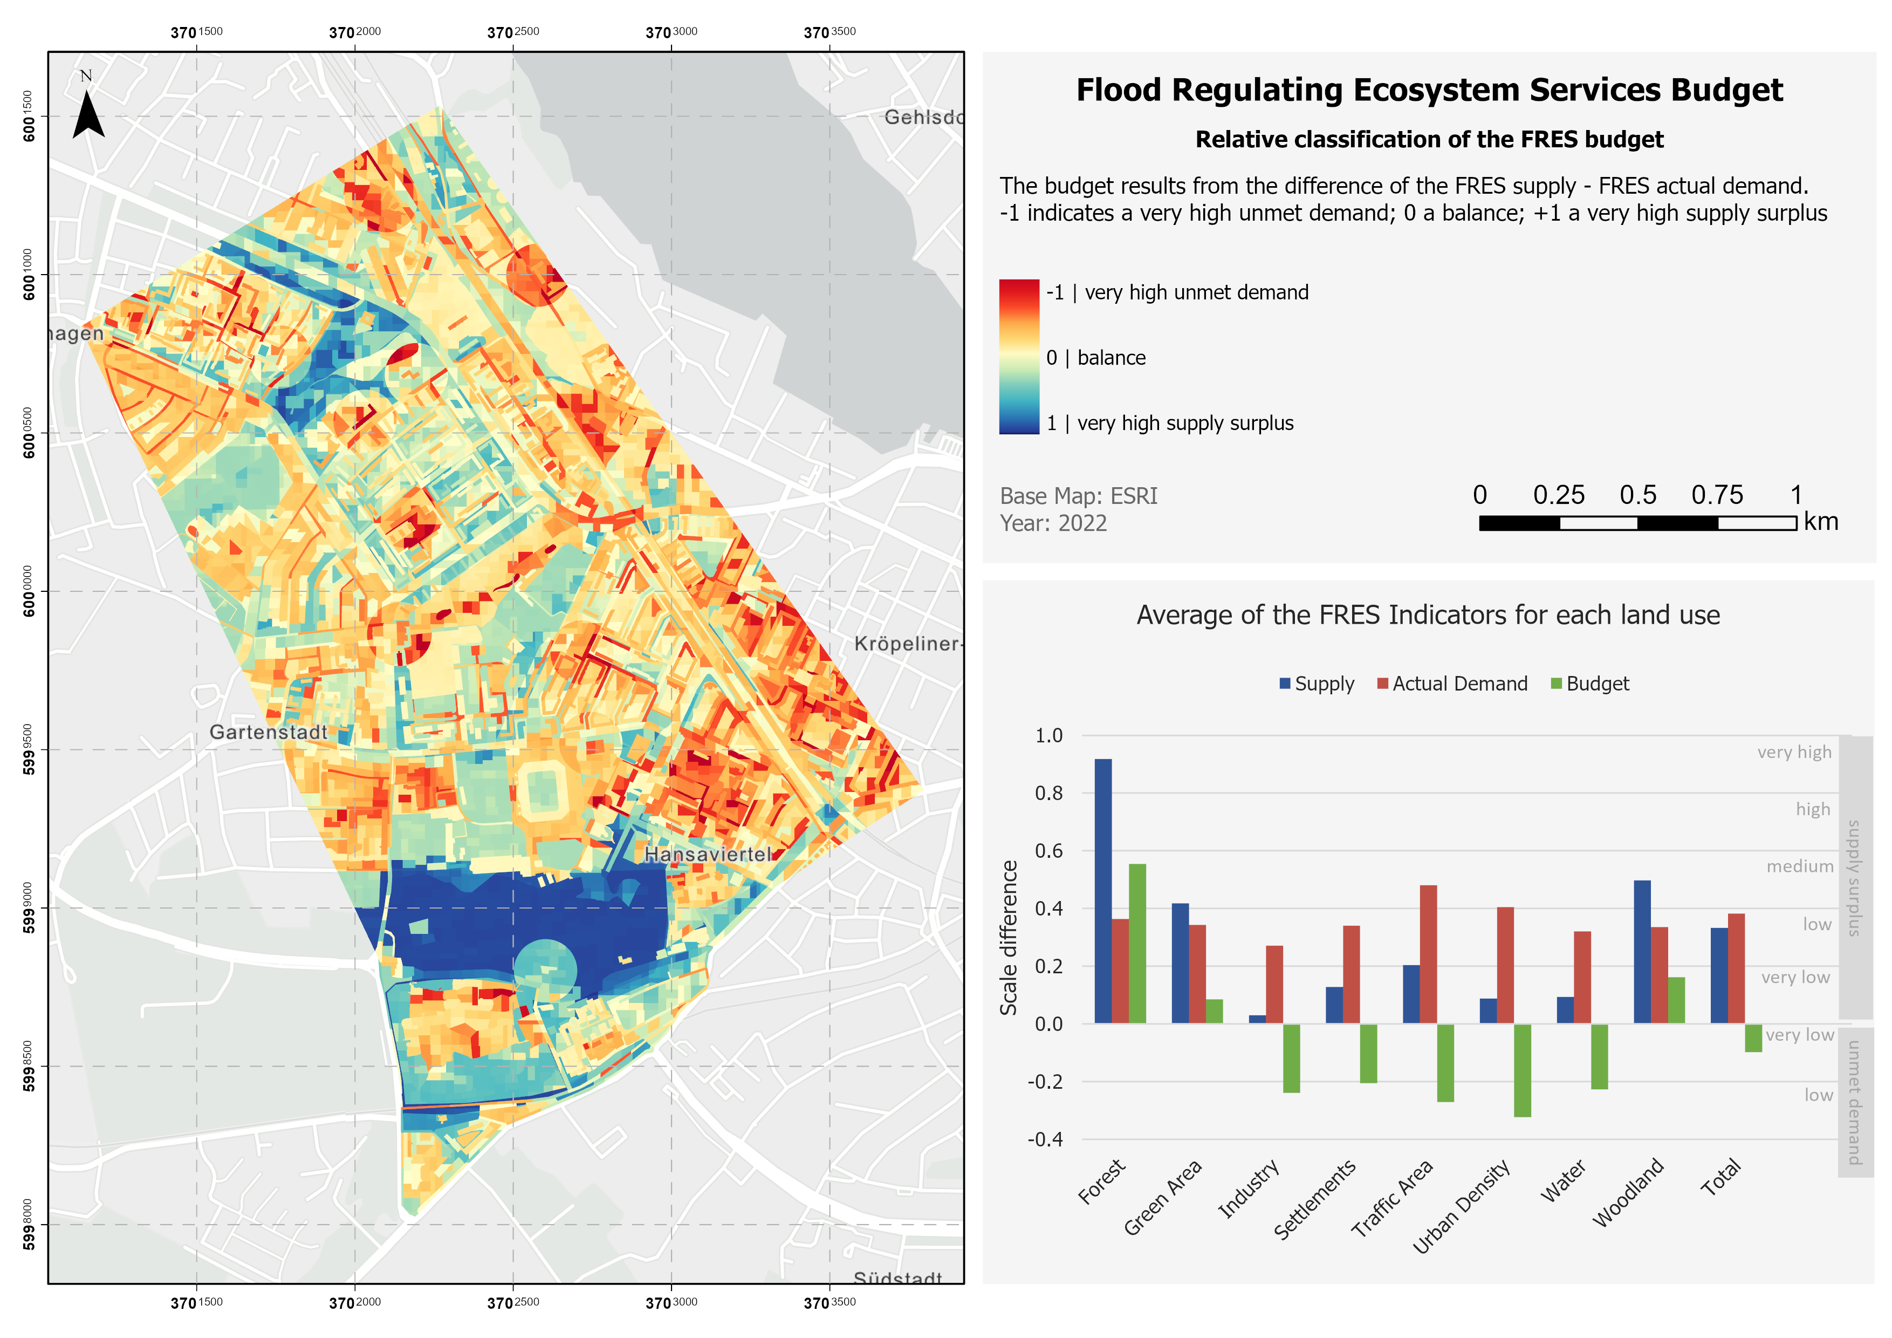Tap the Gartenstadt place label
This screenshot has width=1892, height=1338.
268,732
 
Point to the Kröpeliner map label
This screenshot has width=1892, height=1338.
907,644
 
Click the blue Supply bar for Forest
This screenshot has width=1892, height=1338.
1102,890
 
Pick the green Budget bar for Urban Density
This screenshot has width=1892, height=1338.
1522,1070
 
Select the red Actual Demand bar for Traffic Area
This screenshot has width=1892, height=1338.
1428,954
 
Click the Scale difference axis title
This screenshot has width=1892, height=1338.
1009,937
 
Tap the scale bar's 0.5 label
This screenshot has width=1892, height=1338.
1637,495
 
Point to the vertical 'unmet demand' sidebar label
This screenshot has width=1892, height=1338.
1854,1102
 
